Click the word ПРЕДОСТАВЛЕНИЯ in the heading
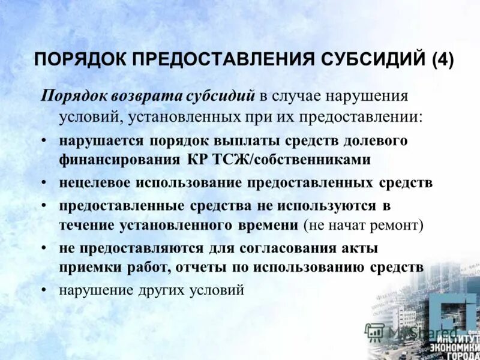(213, 60)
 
